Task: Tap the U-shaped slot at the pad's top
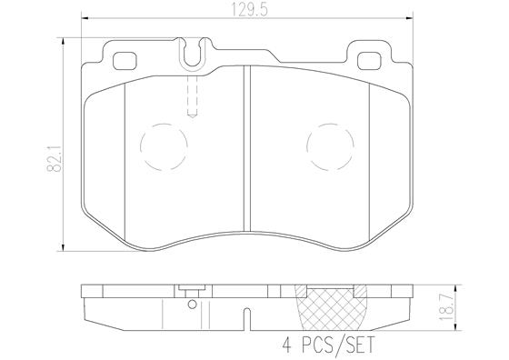[191, 56]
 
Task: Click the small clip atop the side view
[190, 292]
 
